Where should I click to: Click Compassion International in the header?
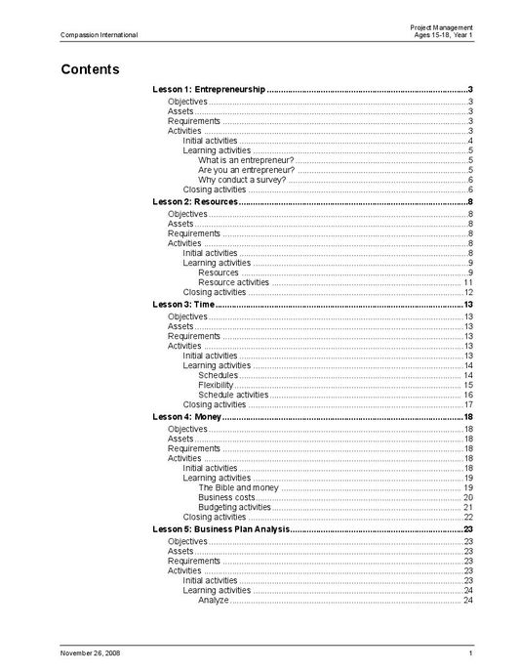(99, 35)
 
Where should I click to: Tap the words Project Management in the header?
(442, 26)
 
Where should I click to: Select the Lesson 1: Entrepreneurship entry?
(209, 90)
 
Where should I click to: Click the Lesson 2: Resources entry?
(195, 201)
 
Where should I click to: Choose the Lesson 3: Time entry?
(183, 305)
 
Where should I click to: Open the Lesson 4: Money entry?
(188, 417)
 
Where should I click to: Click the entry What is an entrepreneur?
(245, 160)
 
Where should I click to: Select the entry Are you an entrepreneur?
(246, 170)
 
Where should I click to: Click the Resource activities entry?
(233, 282)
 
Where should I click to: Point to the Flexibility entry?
(216, 385)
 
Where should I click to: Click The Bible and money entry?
(238, 487)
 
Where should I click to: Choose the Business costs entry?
(226, 497)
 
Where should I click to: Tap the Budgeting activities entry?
(234, 507)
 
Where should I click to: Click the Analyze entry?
(213, 600)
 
